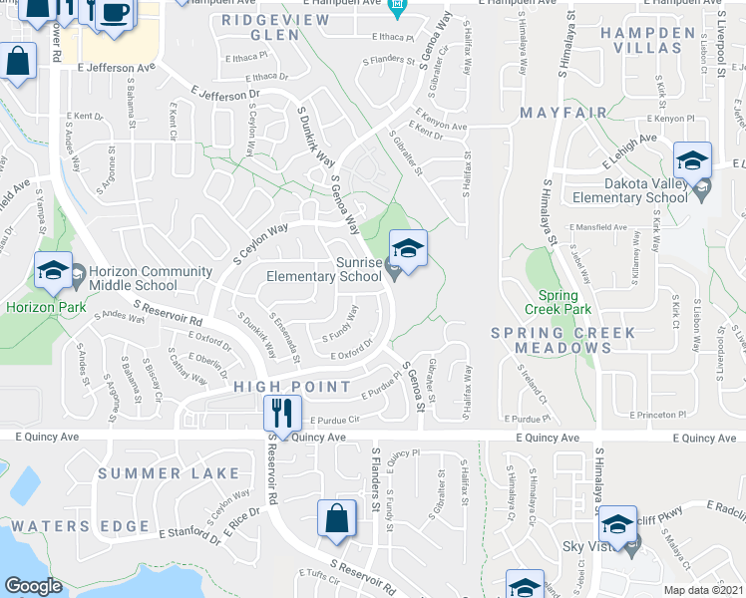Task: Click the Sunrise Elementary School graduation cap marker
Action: (407, 249)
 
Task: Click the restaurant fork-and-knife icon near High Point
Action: (281, 412)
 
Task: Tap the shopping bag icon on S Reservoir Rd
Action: (337, 518)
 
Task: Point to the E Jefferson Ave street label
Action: (117, 68)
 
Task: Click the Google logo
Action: (33, 586)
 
